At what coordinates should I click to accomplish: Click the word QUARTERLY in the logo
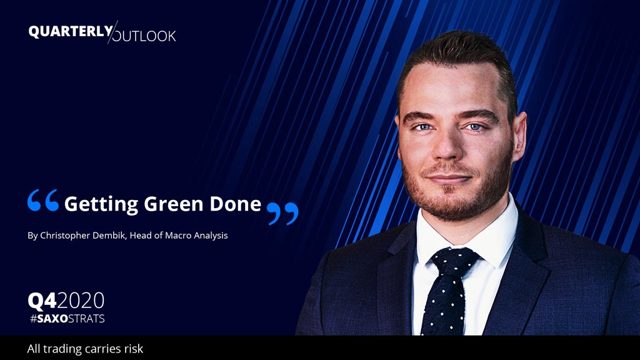pos(71,31)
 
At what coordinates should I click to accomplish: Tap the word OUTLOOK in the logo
pos(144,36)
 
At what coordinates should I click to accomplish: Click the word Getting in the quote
pos(101,204)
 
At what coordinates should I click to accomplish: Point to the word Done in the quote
pos(235,204)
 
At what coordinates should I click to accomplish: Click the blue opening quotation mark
pos(43,200)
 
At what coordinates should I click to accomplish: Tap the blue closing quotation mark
pos(282,214)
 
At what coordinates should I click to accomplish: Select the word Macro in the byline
pos(178,236)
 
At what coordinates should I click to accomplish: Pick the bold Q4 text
pos(42,301)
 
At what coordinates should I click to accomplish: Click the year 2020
pos(81,301)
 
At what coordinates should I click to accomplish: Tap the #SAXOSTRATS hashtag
pos(67,318)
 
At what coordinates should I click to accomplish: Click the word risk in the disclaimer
pos(134,349)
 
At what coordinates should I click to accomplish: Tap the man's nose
pos(447,144)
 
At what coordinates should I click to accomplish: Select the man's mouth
pos(449,178)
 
